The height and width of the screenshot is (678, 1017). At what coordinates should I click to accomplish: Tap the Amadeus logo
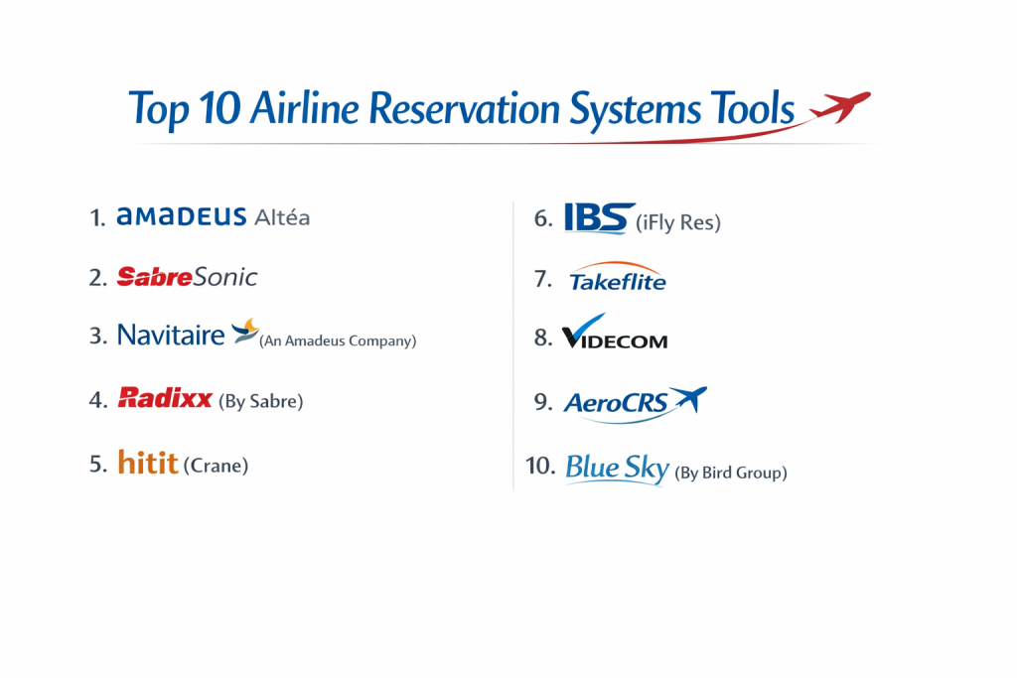click(x=181, y=216)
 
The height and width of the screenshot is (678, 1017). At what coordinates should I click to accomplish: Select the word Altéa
click(x=282, y=217)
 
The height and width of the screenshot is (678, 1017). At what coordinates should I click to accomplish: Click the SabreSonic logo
click(x=187, y=277)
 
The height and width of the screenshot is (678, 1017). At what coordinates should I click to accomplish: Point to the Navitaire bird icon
click(x=245, y=332)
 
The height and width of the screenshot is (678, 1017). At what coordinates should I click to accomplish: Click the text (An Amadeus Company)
click(x=338, y=340)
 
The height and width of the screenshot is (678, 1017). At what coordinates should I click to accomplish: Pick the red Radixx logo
click(x=165, y=397)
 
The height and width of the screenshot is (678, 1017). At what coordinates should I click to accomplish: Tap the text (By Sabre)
click(x=261, y=401)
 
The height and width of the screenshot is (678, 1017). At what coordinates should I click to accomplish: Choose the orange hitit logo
click(x=148, y=463)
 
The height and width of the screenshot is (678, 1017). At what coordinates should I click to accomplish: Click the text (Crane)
click(x=216, y=466)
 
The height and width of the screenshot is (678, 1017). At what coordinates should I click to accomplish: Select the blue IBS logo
click(x=599, y=217)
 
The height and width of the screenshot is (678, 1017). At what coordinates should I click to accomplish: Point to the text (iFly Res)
click(x=678, y=223)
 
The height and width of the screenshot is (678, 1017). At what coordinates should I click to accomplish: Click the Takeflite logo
click(x=618, y=276)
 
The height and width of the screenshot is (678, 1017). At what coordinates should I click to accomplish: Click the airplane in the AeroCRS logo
click(x=689, y=398)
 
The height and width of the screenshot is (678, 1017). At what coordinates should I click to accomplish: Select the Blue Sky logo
click(x=617, y=468)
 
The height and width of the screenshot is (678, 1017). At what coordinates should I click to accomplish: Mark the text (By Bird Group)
click(x=731, y=473)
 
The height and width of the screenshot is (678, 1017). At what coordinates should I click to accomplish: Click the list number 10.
click(x=540, y=466)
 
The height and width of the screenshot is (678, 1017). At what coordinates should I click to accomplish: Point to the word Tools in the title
click(x=753, y=107)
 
